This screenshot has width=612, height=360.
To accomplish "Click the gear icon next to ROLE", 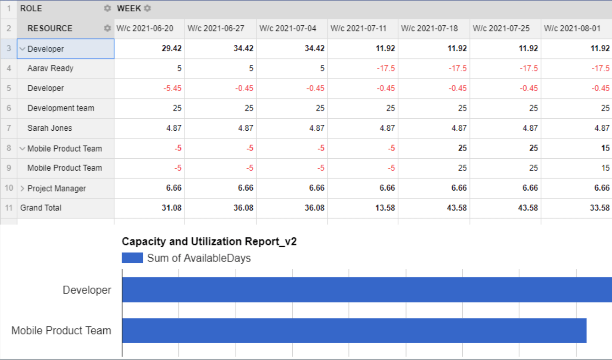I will (x=107, y=9).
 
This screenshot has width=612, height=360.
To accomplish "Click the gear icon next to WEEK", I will (x=147, y=9).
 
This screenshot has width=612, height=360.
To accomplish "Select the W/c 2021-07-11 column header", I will (x=358, y=28).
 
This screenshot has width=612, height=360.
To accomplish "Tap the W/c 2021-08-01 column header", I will (x=572, y=28).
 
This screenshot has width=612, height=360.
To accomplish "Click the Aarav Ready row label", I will (x=50, y=68).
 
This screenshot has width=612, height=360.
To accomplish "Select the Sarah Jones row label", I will (x=49, y=128).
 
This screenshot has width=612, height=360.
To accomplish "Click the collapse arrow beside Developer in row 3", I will (x=22, y=49).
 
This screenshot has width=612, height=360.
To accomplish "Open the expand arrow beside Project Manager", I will (x=22, y=188).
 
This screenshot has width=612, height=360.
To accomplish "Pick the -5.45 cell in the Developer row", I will (x=172, y=88).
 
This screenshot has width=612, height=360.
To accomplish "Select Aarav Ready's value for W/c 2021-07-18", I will (x=457, y=68).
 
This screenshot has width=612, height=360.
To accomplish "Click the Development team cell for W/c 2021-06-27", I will (x=249, y=108).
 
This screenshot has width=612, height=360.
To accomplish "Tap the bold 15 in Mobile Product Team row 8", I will (x=605, y=148).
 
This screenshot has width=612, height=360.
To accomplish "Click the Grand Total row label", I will (x=41, y=208).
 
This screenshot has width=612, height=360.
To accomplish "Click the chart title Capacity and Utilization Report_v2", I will (x=209, y=242).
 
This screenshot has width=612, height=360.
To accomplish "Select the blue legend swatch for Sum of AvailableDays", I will (x=132, y=258).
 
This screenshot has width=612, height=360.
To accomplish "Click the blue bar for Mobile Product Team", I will (x=354, y=331).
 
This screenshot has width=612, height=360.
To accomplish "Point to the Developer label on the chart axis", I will (x=87, y=290).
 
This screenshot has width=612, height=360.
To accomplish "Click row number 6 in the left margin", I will (x=9, y=108).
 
